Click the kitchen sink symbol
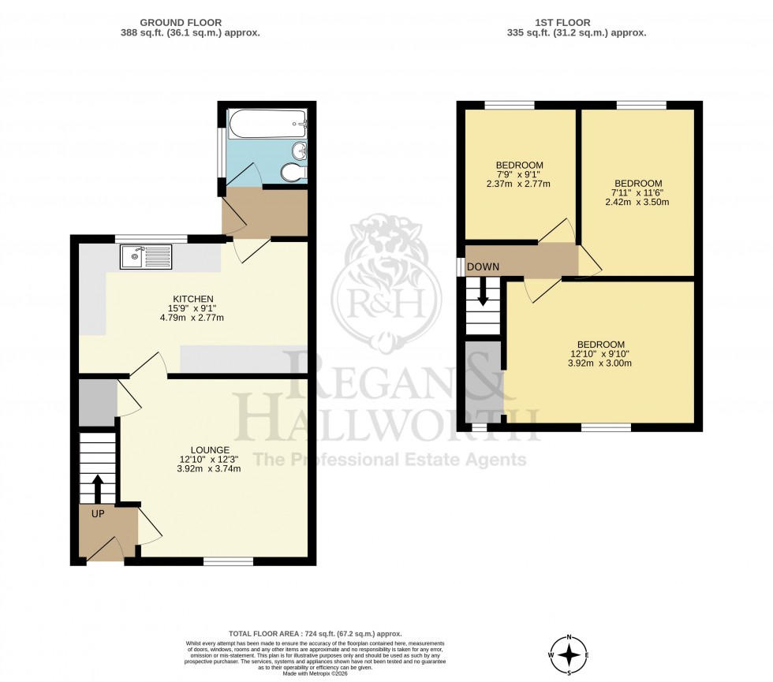pos(145,257)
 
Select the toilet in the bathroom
pos(294,173)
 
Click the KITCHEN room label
pos(193,299)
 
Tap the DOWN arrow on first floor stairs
pos(483,296)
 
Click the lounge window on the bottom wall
pos(229,561)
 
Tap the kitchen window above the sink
pos(151,238)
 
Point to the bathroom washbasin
pos(299,150)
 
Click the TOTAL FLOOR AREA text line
pos(316,634)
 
